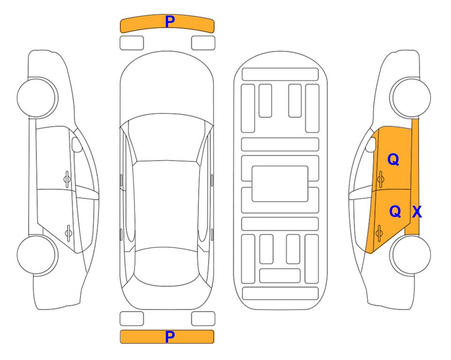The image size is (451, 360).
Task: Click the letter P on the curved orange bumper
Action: (x=170, y=22)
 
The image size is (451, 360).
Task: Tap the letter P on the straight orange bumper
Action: (x=170, y=337)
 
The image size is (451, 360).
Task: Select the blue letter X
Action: (x=417, y=212)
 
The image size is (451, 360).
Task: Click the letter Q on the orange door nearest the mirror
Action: (x=393, y=159)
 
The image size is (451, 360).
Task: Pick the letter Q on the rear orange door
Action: (x=395, y=211)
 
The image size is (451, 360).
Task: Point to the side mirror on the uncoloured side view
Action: (x=76, y=144)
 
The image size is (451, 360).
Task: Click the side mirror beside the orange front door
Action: (x=371, y=144)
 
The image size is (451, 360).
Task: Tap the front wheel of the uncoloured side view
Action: (x=37, y=97)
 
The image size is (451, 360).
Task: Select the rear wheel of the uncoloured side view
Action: (x=37, y=255)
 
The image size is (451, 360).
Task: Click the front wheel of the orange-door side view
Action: (x=410, y=97)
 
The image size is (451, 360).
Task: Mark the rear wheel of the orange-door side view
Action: (x=410, y=255)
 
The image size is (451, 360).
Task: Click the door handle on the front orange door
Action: (x=380, y=180)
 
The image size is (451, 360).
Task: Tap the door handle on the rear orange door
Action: (x=379, y=233)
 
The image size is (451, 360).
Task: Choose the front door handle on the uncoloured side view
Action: (x=67, y=180)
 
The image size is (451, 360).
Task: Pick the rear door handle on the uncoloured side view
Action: (x=68, y=233)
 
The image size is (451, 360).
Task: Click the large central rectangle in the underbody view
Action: (x=280, y=184)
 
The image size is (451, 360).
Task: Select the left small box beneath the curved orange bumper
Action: (x=132, y=43)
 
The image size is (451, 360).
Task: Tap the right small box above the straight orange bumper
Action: (x=203, y=319)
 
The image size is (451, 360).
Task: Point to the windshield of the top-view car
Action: (x=167, y=138)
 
